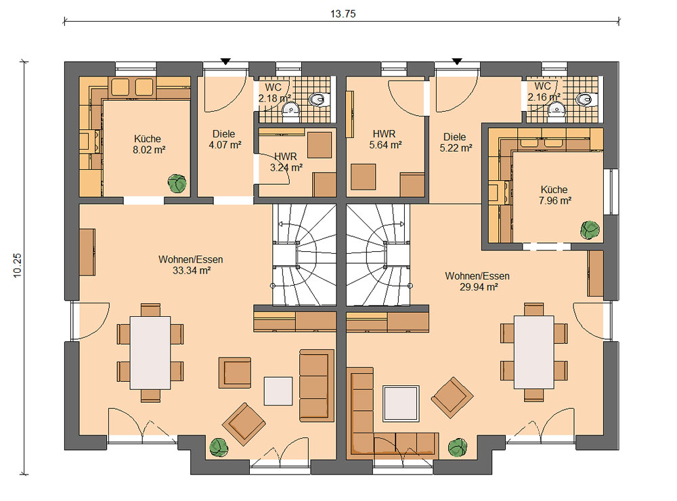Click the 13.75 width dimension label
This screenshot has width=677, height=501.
pyautogui.click(x=343, y=14)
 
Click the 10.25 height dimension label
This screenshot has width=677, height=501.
pyautogui.click(x=18, y=265)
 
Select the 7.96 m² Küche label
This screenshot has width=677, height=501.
pyautogui.click(x=554, y=195)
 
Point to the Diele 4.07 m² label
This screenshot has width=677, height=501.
pyautogui.click(x=225, y=139)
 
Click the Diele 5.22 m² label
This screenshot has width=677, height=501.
pyautogui.click(x=456, y=143)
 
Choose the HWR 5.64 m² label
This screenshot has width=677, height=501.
pyautogui.click(x=385, y=139)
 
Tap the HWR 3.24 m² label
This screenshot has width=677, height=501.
pyautogui.click(x=286, y=162)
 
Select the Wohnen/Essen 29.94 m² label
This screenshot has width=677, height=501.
pyautogui.click(x=477, y=282)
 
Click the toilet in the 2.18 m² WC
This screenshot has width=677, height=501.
pyautogui.click(x=319, y=100)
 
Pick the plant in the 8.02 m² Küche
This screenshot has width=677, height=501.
pyautogui.click(x=177, y=183)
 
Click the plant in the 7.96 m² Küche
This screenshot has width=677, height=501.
pyautogui.click(x=590, y=230)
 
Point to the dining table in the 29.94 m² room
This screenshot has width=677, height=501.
pyautogui.click(x=534, y=353)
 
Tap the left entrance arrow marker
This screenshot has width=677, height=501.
pyautogui.click(x=225, y=62)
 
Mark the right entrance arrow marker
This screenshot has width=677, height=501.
pyautogui.click(x=457, y=62)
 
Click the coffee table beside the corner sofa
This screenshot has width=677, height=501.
pyautogui.click(x=401, y=404)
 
